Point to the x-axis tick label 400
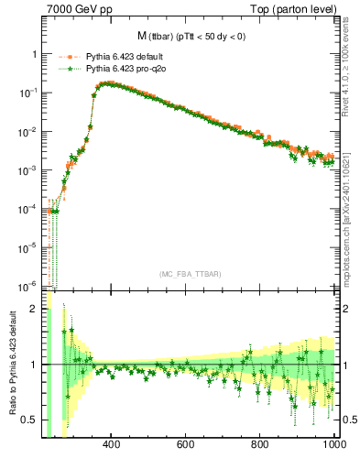tap(112, 445)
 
